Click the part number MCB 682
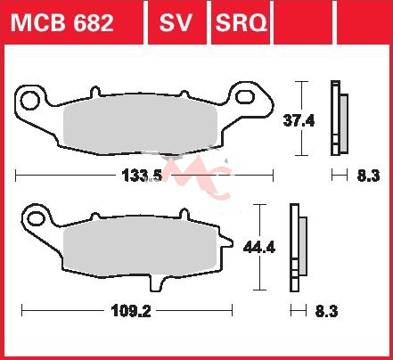[62, 23]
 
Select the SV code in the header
[176, 23]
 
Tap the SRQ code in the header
[241, 23]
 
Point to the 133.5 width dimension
[142, 176]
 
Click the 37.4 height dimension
[299, 121]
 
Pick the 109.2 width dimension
[131, 311]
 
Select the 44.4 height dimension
[259, 247]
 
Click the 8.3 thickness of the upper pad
[368, 176]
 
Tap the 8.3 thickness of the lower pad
[326, 312]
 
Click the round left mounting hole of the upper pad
[30, 100]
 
